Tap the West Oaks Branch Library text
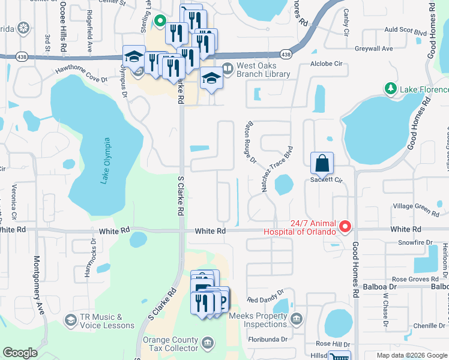point(264,70)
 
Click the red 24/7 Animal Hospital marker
point(345,227)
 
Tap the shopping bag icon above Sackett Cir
point(322,162)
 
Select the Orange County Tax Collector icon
point(207,343)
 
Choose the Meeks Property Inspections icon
point(296,318)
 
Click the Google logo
point(20,353)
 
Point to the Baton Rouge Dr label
point(250,143)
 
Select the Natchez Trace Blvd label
point(277,169)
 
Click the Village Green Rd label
point(416,208)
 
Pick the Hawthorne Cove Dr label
point(81,78)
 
